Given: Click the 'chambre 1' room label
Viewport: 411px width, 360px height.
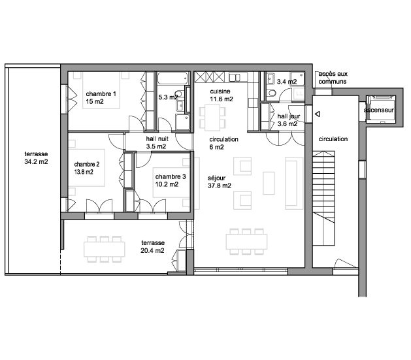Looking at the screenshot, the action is pyautogui.click(x=101, y=94).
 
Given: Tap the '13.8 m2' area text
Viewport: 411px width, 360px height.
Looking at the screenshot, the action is pyautogui.click(x=84, y=172).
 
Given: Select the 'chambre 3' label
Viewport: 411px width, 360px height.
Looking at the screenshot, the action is pyautogui.click(x=171, y=176).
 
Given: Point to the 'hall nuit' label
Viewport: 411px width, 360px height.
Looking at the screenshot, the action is pyautogui.click(x=157, y=139).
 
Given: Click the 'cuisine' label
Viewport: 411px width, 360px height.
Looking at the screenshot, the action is pyautogui.click(x=220, y=91).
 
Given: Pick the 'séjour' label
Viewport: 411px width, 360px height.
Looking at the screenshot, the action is pyautogui.click(x=216, y=178).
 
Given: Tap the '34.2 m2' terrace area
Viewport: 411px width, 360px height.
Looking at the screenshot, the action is pyautogui.click(x=36, y=161).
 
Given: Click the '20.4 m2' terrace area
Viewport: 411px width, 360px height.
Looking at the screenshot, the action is pyautogui.click(x=152, y=250).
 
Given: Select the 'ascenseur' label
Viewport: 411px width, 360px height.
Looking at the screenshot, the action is pyautogui.click(x=379, y=110).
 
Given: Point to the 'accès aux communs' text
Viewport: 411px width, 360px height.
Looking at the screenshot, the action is pyautogui.click(x=333, y=78).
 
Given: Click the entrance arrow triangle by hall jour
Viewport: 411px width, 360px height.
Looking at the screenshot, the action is pyautogui.click(x=317, y=114).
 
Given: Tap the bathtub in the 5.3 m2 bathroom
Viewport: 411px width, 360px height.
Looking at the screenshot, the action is pyautogui.click(x=173, y=78).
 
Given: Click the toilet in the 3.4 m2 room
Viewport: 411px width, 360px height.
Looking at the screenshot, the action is pyautogui.click(x=272, y=93).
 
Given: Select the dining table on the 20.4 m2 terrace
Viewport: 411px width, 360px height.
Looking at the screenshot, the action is pyautogui.click(x=105, y=249).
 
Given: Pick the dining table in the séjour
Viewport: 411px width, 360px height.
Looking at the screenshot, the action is pyautogui.click(x=246, y=241).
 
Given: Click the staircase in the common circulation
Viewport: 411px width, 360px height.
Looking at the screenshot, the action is pyautogui.click(x=323, y=198).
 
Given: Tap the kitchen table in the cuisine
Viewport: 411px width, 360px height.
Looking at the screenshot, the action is pyautogui.click(x=212, y=118).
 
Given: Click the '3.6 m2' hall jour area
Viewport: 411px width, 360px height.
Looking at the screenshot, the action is pyautogui.click(x=288, y=124).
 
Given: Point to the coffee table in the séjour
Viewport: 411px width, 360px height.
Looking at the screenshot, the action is pyautogui.click(x=269, y=183).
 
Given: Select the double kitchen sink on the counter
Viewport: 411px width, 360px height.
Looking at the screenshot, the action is pyautogui.click(x=235, y=77).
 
